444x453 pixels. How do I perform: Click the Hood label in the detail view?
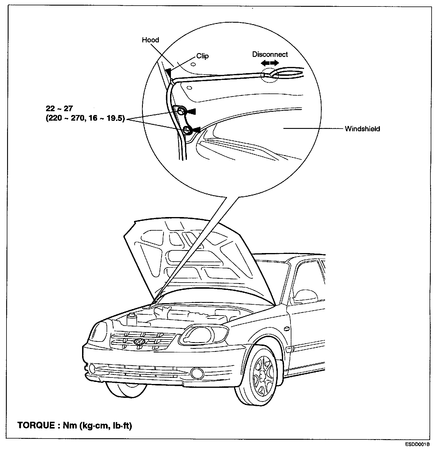pyautogui.click(x=150, y=40)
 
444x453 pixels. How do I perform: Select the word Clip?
pyautogui.click(x=203, y=56)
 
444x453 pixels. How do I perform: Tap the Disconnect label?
pyautogui.click(x=270, y=55)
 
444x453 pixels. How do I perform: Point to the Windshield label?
pyautogui.click(x=362, y=129)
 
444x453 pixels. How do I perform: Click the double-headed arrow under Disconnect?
pyautogui.click(x=270, y=63)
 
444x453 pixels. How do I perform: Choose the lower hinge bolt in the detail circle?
pyautogui.click(x=187, y=130)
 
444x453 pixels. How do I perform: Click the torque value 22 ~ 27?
pyautogui.click(x=59, y=109)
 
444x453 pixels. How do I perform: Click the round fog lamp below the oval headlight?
pyautogui.click(x=195, y=373)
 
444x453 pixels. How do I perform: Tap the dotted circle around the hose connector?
pyautogui.click(x=270, y=75)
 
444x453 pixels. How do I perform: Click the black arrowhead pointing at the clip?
pyautogui.click(x=169, y=73)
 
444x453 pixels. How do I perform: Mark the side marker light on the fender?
pyautogui.click(x=285, y=329)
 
